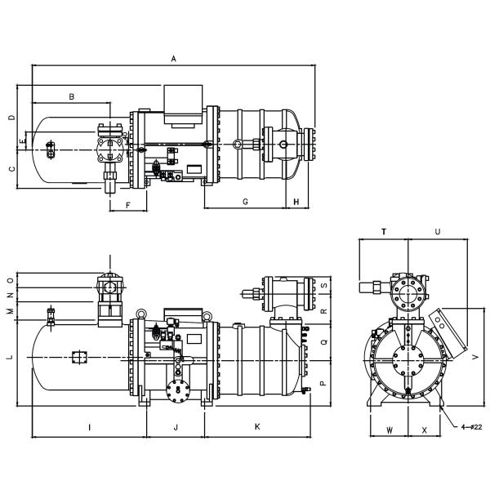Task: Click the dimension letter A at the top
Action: (x=173, y=59)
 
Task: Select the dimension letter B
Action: (x=72, y=97)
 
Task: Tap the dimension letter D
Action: (x=11, y=117)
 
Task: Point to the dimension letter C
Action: (x=11, y=169)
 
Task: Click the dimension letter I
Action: (x=88, y=427)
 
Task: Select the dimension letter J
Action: (x=176, y=427)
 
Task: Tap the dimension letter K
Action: (x=257, y=427)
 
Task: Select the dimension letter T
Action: (x=384, y=233)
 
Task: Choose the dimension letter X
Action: (x=425, y=429)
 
